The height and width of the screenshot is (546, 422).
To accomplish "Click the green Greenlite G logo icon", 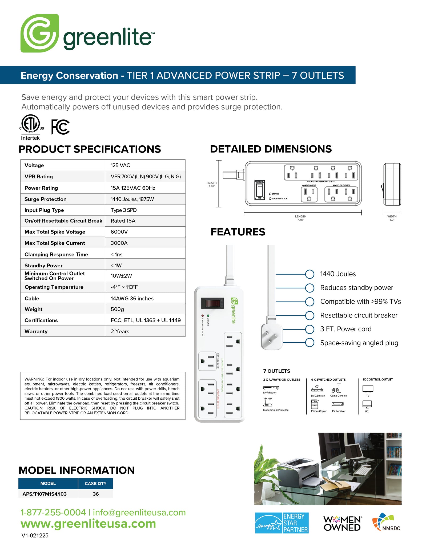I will click(x=39, y=33).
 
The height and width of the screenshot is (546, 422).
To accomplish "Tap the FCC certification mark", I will click(x=60, y=127).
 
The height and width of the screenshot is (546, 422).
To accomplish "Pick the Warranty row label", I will click(x=36, y=331).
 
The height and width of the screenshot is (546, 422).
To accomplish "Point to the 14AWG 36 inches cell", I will click(x=132, y=298).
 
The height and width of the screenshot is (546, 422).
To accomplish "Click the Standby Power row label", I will click(x=43, y=266).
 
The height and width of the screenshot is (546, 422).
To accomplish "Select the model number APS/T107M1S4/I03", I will click(x=45, y=494).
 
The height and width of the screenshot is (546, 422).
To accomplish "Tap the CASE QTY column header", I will click(x=95, y=483).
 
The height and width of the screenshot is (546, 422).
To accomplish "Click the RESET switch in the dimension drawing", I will click(x=259, y=190).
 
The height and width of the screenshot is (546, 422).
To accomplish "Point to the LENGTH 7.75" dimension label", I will click(x=300, y=218).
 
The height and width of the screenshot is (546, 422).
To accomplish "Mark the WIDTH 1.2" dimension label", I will click(x=392, y=218).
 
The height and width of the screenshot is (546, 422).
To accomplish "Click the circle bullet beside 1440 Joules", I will click(x=310, y=274).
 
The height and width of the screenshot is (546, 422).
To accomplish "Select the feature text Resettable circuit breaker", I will click(x=359, y=315).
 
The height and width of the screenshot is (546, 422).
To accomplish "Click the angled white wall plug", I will click(x=271, y=336).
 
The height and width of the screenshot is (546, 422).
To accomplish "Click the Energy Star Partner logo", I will click(x=282, y=523).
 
